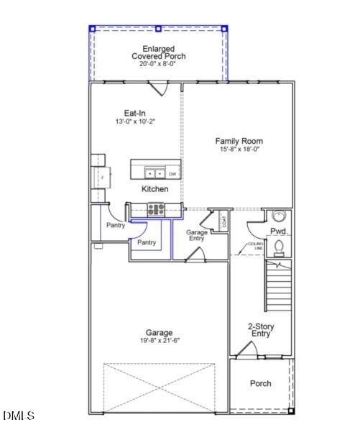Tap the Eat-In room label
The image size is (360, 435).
coord(135,113)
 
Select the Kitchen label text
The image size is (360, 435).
coord(155,189)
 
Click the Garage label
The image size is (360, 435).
coord(159,333)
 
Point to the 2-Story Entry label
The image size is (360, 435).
coord(260,330)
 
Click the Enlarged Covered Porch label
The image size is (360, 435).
coord(158,52)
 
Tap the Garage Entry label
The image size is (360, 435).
coord(197,236)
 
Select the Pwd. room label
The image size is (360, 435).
coord(279,231)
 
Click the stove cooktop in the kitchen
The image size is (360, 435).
coord(156,210)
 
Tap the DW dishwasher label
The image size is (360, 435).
coord(172,174)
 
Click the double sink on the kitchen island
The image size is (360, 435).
coord(154,173)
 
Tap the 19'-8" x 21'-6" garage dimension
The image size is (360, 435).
coord(159,341)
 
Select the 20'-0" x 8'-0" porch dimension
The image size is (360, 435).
coord(158,64)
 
